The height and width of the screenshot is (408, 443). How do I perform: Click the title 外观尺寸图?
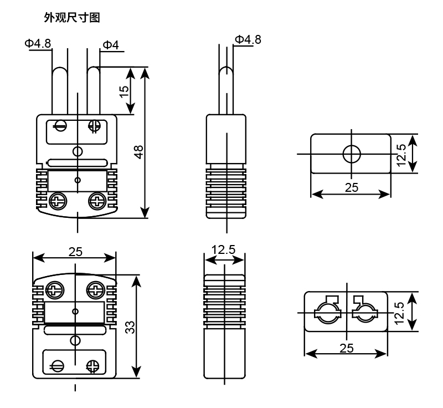point(72,18)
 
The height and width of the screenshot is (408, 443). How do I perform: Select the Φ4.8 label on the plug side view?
point(247,39)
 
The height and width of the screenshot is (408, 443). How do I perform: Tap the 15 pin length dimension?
point(125,90)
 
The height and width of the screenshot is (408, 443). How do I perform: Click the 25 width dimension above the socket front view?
point(76,252)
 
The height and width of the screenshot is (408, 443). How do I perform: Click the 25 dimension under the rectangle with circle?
point(351,187)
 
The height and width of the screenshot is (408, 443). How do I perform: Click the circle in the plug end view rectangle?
point(351,154)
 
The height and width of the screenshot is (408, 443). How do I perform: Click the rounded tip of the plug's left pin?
point(59,71)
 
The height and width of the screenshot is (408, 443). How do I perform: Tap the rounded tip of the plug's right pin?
point(94,71)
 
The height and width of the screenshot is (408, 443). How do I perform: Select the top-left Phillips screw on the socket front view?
point(54,289)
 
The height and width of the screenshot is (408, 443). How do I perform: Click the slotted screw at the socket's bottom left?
point(58,365)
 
